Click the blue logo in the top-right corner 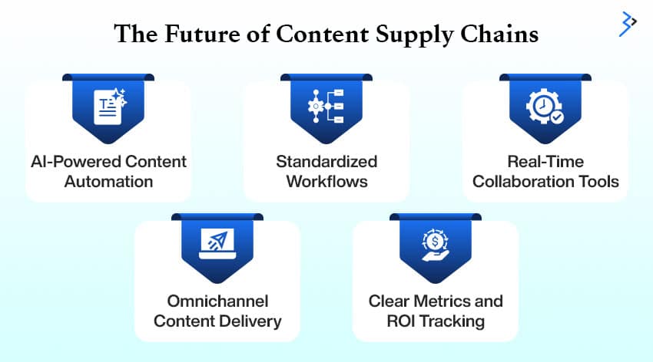[628, 24]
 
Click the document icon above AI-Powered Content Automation [108, 107]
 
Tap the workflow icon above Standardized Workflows [326, 107]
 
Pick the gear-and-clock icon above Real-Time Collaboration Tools [545, 107]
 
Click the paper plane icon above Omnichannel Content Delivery [217, 243]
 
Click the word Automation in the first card [108, 182]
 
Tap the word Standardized [326, 162]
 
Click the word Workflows [326, 182]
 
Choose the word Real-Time [545, 162]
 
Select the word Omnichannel [217, 300]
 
